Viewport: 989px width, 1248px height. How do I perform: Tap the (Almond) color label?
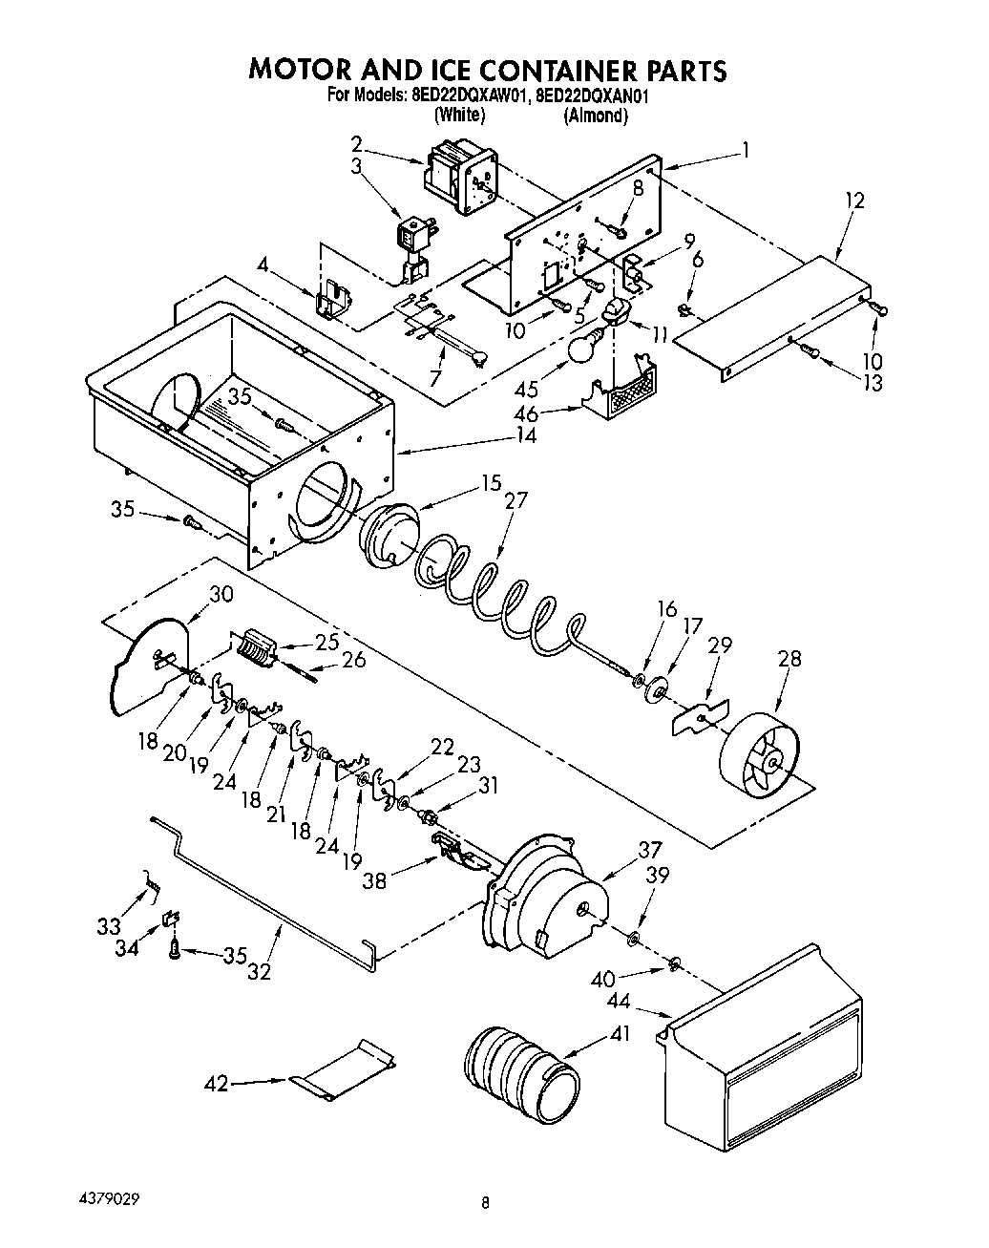coord(595,116)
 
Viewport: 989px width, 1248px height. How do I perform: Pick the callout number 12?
coord(853,201)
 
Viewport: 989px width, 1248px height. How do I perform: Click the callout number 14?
coord(526,435)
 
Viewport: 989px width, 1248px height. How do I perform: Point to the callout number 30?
coord(221,593)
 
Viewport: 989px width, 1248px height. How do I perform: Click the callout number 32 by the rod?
coord(259,972)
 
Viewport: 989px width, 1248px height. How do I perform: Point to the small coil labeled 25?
coord(255,647)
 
